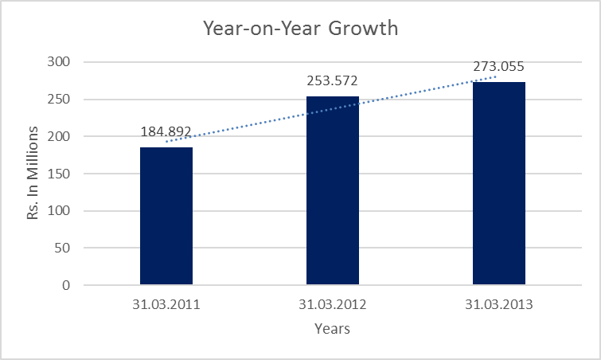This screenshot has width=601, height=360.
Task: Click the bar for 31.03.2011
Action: [x=166, y=216]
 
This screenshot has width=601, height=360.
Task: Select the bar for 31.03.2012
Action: [x=333, y=190]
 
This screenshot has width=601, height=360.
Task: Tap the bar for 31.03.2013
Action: [x=499, y=183]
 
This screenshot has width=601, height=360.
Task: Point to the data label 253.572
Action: [x=333, y=80]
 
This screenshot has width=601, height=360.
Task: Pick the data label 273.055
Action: [x=499, y=67]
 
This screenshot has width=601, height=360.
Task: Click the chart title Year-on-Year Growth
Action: [x=300, y=30]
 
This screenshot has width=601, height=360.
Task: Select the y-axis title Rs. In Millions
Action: [x=33, y=174]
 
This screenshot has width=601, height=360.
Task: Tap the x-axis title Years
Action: [x=332, y=328]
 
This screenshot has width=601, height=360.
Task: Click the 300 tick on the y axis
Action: [x=60, y=62]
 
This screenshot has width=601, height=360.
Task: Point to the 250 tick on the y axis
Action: [x=60, y=100]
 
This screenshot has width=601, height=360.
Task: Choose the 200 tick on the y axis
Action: [x=60, y=136]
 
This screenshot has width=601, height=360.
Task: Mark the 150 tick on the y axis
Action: [x=60, y=174]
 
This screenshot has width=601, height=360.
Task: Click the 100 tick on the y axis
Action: [x=60, y=211]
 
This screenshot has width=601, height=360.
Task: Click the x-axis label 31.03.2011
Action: [x=166, y=303]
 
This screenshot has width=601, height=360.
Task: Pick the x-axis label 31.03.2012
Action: [x=333, y=303]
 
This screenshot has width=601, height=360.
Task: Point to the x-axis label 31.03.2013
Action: [x=499, y=303]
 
